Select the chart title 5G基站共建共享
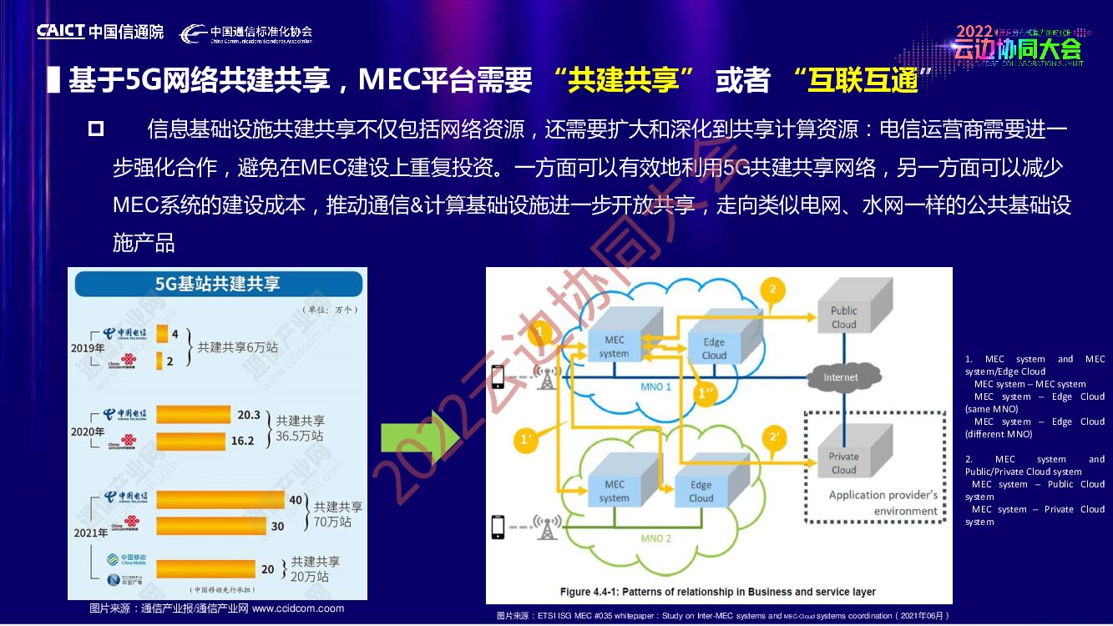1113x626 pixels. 218,284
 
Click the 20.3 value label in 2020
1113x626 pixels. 249,415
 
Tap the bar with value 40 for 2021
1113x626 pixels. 220,499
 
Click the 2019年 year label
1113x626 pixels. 88,348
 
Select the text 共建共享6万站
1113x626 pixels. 237,347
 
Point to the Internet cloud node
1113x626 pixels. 840,377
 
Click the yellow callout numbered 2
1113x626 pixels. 772,290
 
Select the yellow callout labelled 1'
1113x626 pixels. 526,440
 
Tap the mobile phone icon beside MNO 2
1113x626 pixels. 498,527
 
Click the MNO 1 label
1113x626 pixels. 655,387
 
